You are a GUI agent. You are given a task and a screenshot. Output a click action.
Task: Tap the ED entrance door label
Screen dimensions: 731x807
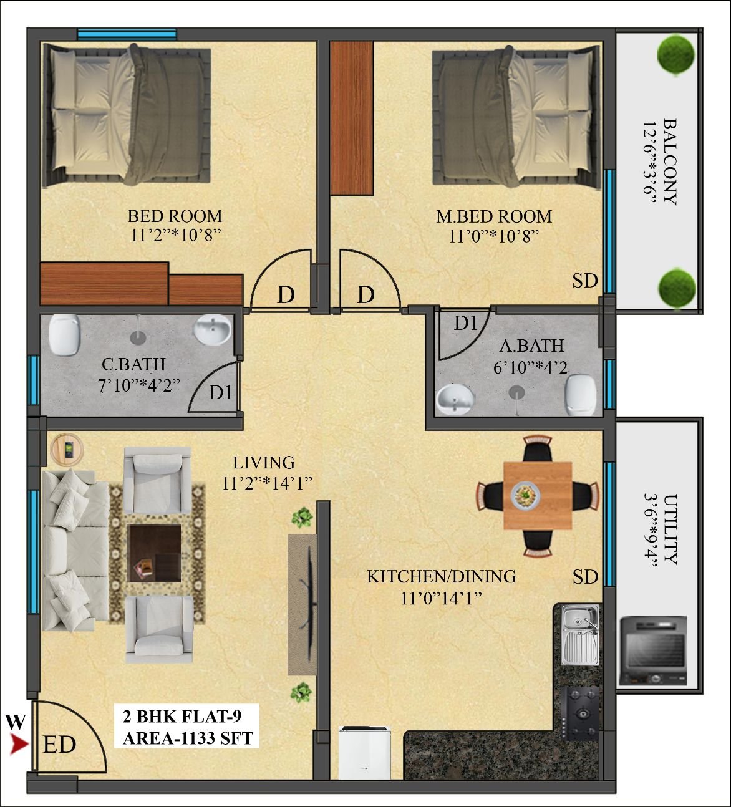point(59,745)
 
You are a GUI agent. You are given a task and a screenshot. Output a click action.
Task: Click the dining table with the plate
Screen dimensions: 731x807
point(538,496)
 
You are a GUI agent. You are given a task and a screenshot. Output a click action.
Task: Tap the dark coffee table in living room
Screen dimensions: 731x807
point(154,553)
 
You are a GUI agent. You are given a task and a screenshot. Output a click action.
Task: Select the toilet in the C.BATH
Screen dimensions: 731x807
point(64,335)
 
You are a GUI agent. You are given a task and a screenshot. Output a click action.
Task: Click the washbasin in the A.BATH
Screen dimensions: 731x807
point(455,400)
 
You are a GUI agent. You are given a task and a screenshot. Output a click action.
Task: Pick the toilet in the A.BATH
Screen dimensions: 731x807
point(581,395)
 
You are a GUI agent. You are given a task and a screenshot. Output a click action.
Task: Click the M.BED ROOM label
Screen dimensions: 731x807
point(494,217)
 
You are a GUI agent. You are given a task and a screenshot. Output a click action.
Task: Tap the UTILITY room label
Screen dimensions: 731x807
point(670,529)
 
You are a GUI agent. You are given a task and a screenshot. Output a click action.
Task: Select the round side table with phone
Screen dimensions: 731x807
point(67,450)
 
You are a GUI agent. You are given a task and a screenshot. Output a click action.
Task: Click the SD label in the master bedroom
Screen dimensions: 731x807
point(585,281)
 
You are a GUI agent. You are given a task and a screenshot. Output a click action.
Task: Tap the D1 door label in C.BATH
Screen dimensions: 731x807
point(221,393)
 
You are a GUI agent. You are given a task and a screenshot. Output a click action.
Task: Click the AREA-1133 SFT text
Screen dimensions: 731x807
point(188,738)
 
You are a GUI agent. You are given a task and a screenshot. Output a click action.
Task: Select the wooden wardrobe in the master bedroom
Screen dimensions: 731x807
point(352,118)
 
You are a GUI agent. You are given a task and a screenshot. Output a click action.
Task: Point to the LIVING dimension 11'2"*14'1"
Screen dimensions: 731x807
point(268,483)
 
